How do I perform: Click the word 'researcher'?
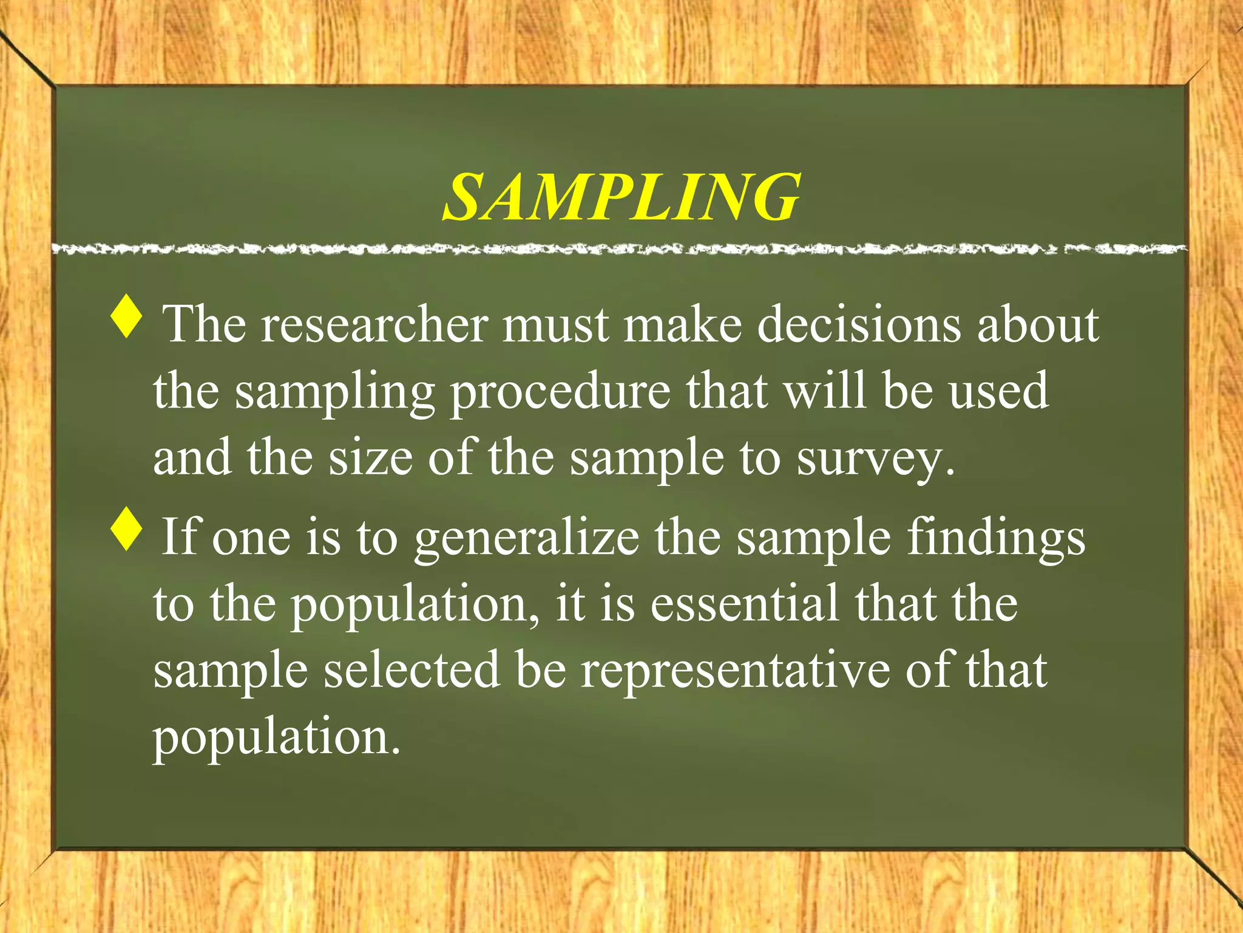pos(374,325)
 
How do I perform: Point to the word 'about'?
pos(1038,325)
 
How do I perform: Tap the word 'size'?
pos(370,459)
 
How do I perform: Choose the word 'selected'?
pos(412,671)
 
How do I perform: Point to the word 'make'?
pos(683,325)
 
